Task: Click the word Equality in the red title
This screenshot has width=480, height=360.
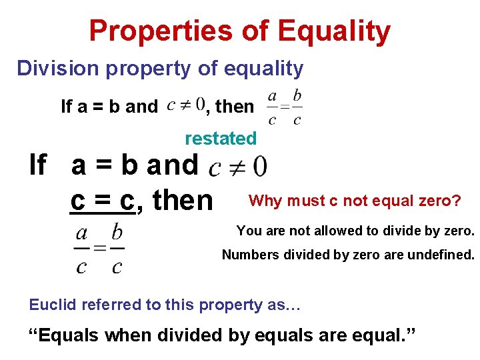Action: tap(334, 31)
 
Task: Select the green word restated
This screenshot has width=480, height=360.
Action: tap(221, 139)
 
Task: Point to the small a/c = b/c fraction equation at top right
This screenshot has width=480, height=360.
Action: tap(285, 107)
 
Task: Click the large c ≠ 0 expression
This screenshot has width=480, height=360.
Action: tap(238, 166)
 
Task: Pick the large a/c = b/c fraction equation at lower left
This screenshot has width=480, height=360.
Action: tap(99, 249)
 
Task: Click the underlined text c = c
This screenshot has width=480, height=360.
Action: tap(102, 200)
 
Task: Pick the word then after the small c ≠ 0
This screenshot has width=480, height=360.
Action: tap(235, 106)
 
